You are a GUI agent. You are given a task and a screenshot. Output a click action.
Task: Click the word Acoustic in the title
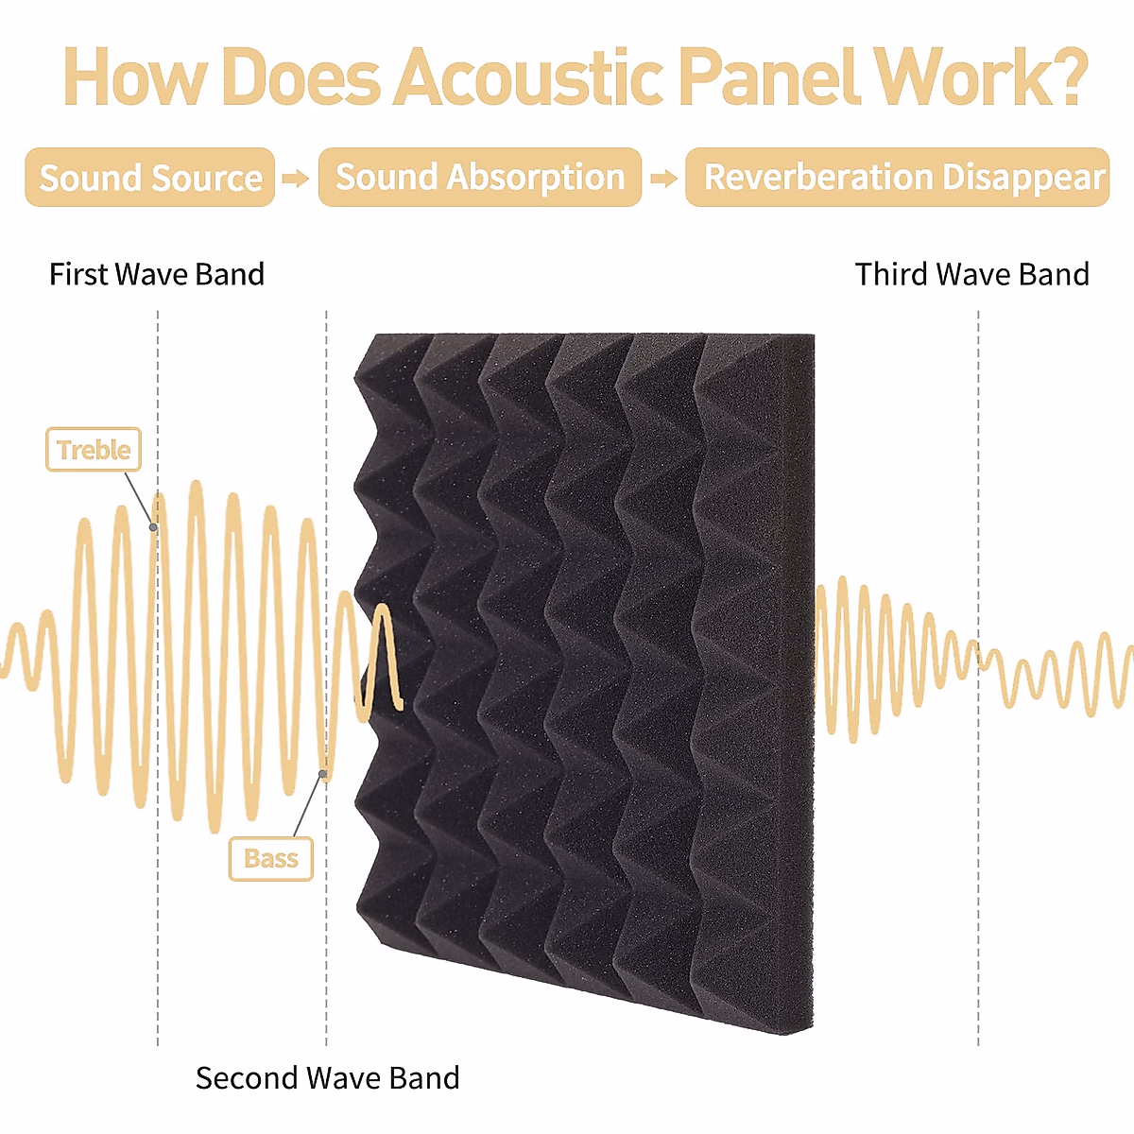click(x=529, y=77)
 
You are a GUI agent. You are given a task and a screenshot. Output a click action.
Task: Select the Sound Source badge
click(x=150, y=178)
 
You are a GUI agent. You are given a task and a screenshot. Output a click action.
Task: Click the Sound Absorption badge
click(x=480, y=177)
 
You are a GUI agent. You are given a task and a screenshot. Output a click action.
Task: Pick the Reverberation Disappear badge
click(x=898, y=177)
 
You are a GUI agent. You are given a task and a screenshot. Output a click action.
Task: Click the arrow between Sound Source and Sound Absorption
click(x=296, y=178)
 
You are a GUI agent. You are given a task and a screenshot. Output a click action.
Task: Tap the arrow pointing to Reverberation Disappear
click(x=663, y=178)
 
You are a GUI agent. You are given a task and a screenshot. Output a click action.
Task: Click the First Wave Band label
click(x=157, y=274)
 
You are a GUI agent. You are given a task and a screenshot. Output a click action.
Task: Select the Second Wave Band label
click(x=327, y=1077)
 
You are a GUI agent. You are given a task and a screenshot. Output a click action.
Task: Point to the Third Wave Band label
click(x=971, y=274)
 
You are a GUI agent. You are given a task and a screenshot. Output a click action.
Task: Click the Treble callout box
click(x=94, y=450)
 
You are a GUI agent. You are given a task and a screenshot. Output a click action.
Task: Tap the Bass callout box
click(x=271, y=858)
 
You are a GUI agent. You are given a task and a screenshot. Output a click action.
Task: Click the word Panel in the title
click(x=768, y=77)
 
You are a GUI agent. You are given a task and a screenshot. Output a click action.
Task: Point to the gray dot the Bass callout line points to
click(x=323, y=775)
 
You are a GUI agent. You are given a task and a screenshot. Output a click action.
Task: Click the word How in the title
click(x=132, y=77)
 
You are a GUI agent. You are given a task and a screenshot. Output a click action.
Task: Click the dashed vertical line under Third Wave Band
click(x=978, y=850)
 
